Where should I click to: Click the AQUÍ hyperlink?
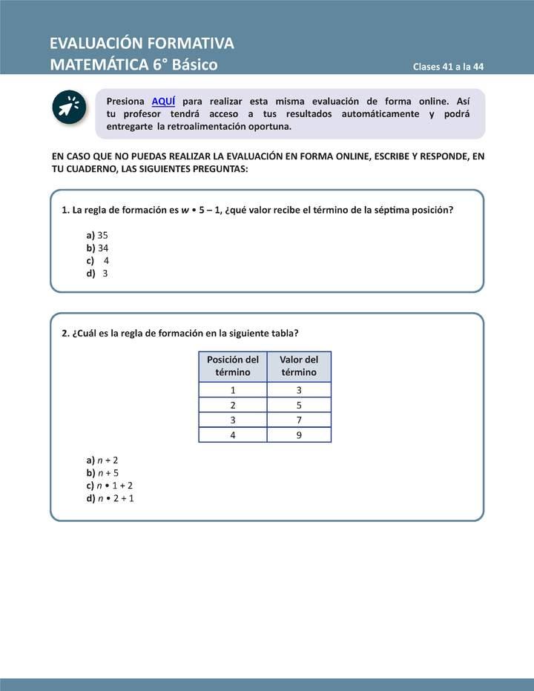(x=163, y=102)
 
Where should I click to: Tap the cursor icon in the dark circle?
(x=70, y=108)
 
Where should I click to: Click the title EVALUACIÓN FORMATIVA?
(x=142, y=43)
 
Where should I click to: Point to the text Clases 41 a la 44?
(x=448, y=67)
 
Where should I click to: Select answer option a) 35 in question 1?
(x=97, y=234)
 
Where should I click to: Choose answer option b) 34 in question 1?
(x=97, y=248)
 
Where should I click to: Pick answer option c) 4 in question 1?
(x=98, y=260)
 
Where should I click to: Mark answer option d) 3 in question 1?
(x=97, y=273)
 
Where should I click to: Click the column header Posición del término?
(x=233, y=366)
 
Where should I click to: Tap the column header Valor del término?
(x=299, y=366)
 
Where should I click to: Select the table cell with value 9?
(x=299, y=435)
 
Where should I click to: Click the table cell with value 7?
(x=299, y=420)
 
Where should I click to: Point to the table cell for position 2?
(x=233, y=406)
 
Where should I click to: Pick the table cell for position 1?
(x=233, y=390)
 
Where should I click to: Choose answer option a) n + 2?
(x=102, y=460)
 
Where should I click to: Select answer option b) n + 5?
(x=102, y=472)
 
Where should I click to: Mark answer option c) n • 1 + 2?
(x=109, y=486)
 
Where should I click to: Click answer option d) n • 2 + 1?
(x=110, y=498)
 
